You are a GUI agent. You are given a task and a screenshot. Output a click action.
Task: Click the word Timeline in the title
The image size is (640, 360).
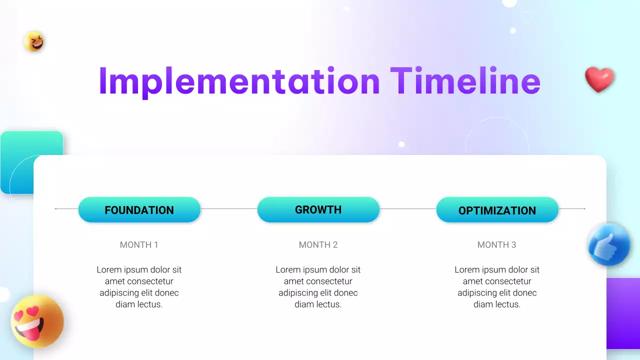coord(465,81)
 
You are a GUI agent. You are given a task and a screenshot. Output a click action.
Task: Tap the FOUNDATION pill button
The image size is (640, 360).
coord(139,210)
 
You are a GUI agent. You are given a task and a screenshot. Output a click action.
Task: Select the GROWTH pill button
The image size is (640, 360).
coord(318,210)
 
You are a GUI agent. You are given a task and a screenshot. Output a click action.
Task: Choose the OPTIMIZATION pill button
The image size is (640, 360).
coord(497,210)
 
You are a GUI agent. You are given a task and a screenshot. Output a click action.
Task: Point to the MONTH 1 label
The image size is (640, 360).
coord(139,245)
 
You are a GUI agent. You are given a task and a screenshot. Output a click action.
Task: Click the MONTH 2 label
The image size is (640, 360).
coord(318,245)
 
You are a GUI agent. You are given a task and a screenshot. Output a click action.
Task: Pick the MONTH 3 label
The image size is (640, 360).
coord(496,245)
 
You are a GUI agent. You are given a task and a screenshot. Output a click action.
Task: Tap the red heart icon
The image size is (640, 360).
coord(599,79)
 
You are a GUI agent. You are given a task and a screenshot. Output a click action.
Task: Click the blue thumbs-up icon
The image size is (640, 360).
coord(608,245)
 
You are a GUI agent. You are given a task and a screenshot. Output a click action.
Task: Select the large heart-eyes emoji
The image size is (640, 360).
coord(37,321)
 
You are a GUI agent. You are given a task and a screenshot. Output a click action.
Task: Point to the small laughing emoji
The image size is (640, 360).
coord(34,42)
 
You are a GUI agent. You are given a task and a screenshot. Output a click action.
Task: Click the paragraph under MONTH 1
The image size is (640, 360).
coord(139,287)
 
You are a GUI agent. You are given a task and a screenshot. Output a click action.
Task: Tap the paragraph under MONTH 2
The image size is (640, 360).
coord(318,287)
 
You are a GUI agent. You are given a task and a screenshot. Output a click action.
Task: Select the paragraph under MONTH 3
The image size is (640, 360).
coord(497,287)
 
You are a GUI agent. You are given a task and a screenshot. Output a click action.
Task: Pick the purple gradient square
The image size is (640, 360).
coord(623,313)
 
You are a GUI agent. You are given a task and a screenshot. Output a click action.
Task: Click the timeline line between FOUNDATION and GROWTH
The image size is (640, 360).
coord(228,209)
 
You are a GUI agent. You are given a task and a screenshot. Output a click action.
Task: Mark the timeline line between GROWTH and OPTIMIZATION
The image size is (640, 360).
coord(407,209)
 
